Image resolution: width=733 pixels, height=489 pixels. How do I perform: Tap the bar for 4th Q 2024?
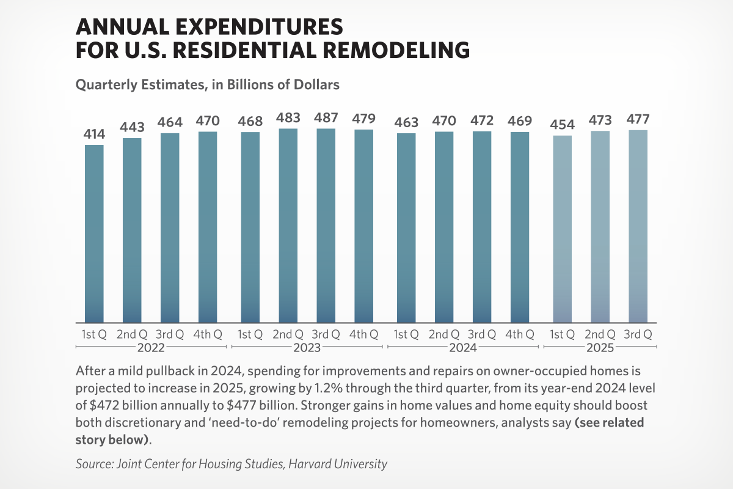pyautogui.click(x=520, y=227)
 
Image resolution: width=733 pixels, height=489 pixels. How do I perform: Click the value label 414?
pyautogui.click(x=94, y=134)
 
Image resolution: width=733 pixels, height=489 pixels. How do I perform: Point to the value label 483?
pyautogui.click(x=288, y=118)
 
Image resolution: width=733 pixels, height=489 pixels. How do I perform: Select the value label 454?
pyautogui.click(x=562, y=125)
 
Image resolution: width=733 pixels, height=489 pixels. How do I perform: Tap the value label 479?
pyautogui.click(x=364, y=119)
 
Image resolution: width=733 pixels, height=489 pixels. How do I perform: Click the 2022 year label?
pyautogui.click(x=151, y=348)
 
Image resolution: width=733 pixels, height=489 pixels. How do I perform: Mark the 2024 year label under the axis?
pyautogui.click(x=463, y=348)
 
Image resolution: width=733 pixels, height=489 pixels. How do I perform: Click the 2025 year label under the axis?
pyautogui.click(x=600, y=348)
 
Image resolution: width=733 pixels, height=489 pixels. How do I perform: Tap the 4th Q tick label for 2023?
pyautogui.click(x=364, y=334)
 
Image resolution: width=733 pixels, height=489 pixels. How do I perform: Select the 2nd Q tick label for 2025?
pyautogui.click(x=600, y=334)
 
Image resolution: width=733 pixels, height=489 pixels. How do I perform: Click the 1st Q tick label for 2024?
pyautogui.click(x=406, y=334)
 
